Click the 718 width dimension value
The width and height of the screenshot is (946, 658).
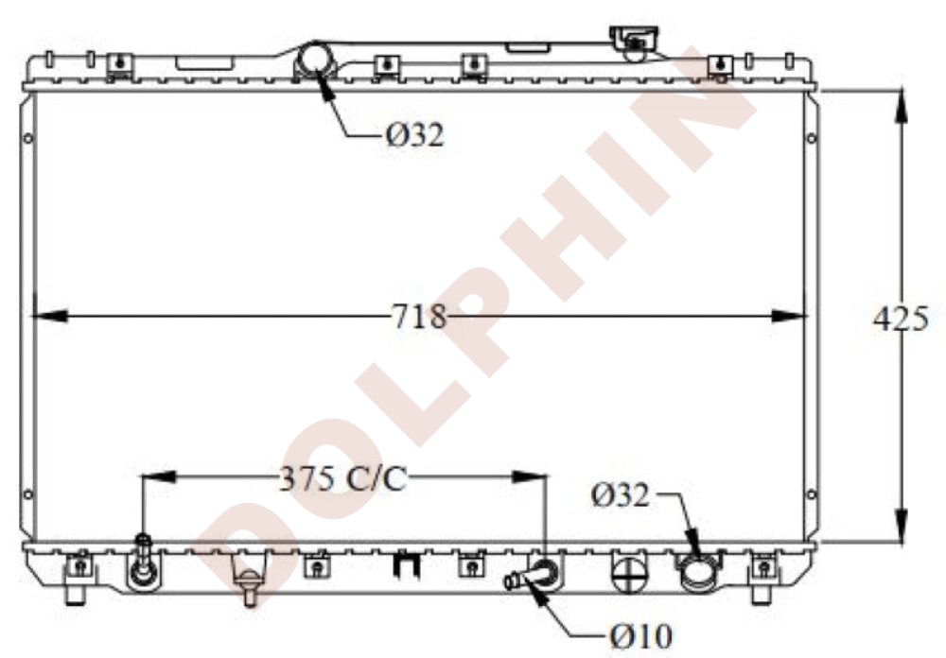pos(419,316)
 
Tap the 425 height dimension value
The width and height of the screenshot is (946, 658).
pos(901,319)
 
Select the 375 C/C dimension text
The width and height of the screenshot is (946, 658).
pos(342,479)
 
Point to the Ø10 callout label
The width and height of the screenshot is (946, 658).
pos(640,635)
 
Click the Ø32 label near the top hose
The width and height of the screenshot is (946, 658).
pos(415,134)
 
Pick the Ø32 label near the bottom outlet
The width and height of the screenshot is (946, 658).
pos(621,495)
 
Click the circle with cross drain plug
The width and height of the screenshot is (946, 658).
pos(629,572)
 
